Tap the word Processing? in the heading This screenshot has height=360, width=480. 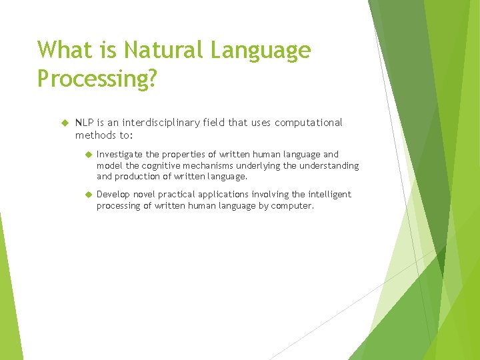97,79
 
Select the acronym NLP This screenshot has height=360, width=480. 84,123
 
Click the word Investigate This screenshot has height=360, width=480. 120,154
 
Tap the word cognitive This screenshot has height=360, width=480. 159,165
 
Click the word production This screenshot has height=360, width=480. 140,177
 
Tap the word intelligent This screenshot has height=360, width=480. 329,195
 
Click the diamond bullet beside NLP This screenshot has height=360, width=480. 65,123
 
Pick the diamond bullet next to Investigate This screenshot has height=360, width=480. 87,155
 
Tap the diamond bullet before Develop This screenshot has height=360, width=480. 87,195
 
